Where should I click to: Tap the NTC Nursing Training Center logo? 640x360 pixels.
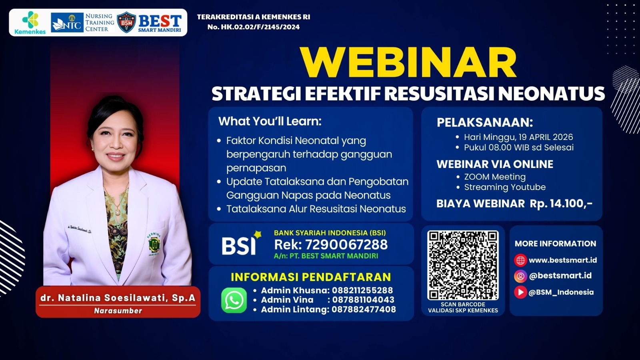point(82,23)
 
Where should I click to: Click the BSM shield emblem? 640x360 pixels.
point(126,22)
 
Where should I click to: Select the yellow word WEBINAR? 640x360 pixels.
point(408,63)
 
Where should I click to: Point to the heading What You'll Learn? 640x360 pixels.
point(270,121)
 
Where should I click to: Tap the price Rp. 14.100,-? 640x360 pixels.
point(561,204)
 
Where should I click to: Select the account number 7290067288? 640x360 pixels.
point(346,244)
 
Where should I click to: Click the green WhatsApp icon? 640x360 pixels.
point(234,300)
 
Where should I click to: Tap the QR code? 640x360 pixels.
point(463,265)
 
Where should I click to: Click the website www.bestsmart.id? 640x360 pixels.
point(562,260)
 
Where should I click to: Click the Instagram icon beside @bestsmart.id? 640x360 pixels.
point(520,276)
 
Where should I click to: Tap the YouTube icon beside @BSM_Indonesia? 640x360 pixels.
point(520,292)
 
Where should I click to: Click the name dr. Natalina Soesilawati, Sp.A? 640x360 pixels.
point(118,298)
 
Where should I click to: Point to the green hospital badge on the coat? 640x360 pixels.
point(154,244)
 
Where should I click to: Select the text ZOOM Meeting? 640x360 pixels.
point(495,177)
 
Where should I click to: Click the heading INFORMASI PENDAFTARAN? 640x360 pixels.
point(311,277)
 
